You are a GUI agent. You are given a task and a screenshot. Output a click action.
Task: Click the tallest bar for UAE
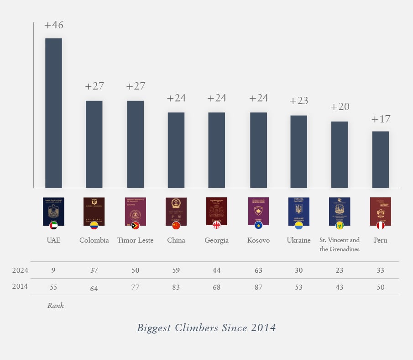click(x=53, y=113)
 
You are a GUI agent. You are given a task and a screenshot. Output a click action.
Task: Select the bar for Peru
click(x=380, y=159)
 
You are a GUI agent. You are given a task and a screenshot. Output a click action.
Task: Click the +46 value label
click(x=54, y=25)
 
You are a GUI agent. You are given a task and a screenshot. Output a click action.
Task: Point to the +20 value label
click(x=340, y=107)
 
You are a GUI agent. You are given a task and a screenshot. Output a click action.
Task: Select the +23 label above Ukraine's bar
click(x=299, y=101)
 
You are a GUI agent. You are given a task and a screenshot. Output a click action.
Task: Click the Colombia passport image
click(x=94, y=210)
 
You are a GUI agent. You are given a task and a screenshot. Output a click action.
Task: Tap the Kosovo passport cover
click(x=258, y=210)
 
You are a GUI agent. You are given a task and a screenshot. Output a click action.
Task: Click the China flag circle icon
click(x=176, y=226)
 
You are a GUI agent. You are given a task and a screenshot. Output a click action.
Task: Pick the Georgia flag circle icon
click(x=217, y=226)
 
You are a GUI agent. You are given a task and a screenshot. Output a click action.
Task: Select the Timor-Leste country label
click(x=135, y=240)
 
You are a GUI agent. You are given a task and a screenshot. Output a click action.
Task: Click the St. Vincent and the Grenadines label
click(x=340, y=244)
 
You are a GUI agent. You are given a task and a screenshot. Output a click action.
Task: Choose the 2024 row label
click(x=20, y=270)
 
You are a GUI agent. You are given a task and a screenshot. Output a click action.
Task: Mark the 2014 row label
click(x=20, y=287)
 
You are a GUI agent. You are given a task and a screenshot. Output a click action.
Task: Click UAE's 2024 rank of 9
click(x=53, y=270)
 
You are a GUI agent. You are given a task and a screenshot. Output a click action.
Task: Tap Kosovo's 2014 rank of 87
click(x=258, y=287)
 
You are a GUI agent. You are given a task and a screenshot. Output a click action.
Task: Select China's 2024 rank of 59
click(x=176, y=270)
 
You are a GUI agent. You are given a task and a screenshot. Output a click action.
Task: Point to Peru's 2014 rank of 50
click(x=380, y=287)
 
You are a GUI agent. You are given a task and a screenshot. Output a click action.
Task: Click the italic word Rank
click(x=56, y=306)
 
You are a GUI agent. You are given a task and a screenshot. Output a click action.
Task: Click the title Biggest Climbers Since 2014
click(x=206, y=328)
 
